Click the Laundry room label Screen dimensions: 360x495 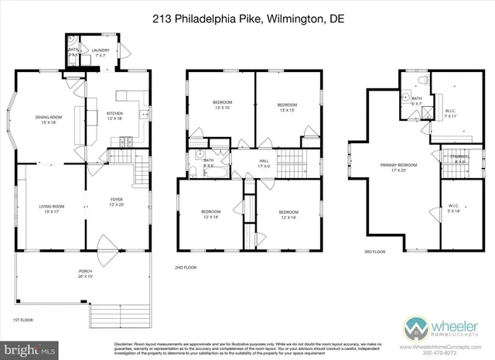101,52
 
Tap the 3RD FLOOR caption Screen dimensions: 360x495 375,252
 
